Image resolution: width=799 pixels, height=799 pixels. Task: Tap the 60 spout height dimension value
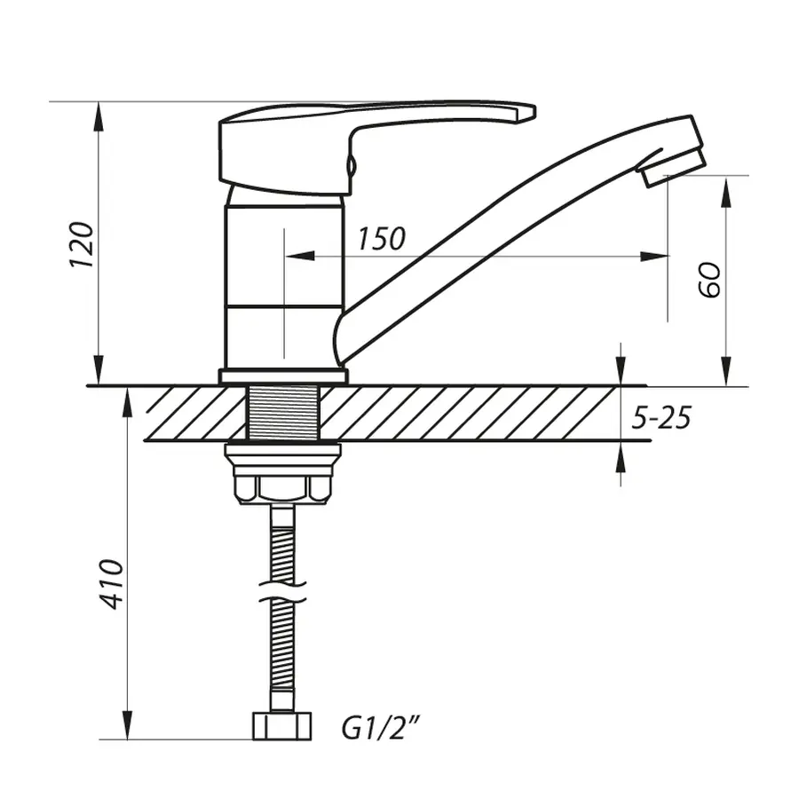[x=710, y=280]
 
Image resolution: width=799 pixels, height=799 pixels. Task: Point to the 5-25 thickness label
[x=661, y=417]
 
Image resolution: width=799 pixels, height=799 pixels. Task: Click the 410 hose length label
[x=110, y=583]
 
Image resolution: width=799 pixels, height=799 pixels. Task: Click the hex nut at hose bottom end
[x=282, y=725]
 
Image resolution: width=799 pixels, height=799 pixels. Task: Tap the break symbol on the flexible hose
[x=282, y=589]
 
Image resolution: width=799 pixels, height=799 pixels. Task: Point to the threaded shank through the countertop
[x=282, y=413]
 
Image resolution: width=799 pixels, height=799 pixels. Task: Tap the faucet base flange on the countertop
[x=282, y=376]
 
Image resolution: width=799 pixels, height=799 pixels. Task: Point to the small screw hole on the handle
[x=351, y=163]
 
